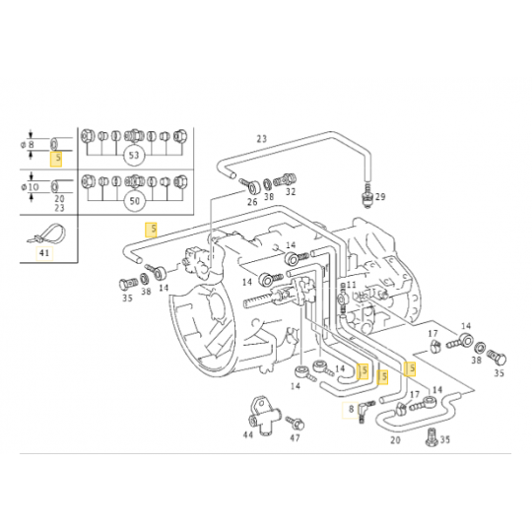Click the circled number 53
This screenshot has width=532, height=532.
click(134, 156)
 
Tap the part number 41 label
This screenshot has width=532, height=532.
click(42, 253)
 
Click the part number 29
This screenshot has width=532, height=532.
click(381, 198)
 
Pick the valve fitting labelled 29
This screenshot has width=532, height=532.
click(366, 196)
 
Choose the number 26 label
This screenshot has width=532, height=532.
click(252, 203)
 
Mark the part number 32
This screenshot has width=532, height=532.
click(291, 193)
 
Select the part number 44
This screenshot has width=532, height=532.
click(248, 433)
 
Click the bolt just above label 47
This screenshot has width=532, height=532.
click(292, 421)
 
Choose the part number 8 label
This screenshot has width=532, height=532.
click(349, 408)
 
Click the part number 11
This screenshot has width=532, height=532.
click(351, 284)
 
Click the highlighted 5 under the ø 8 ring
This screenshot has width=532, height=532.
click(58, 158)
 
